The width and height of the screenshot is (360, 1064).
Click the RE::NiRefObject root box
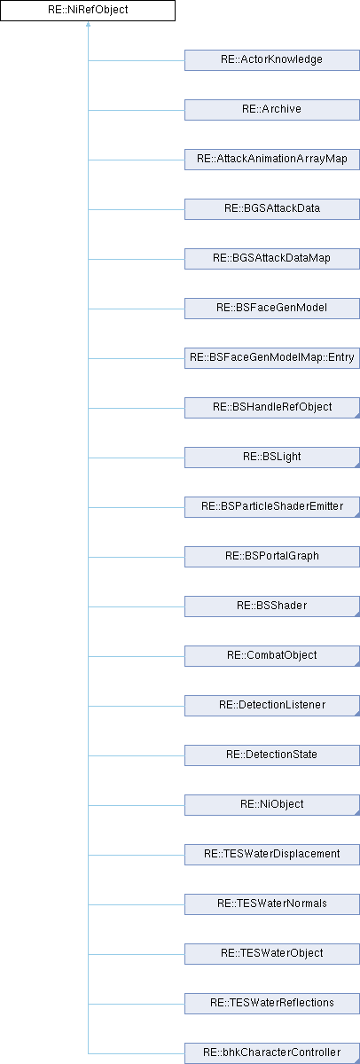coord(88,11)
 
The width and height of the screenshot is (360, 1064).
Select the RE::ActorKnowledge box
coord(272,60)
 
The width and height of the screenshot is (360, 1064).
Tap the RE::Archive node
coord(272,110)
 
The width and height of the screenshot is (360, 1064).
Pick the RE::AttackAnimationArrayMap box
coord(272,160)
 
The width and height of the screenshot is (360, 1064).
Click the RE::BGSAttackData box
coord(272,209)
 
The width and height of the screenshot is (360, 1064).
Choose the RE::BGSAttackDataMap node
coord(272,259)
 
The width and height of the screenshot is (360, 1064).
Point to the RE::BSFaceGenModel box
coord(272,309)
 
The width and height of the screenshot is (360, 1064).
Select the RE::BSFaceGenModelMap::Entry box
coord(272,358)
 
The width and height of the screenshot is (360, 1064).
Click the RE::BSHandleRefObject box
coord(272,408)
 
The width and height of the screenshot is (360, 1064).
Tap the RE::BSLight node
coord(272,458)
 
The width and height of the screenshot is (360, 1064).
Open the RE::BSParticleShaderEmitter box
coord(272,507)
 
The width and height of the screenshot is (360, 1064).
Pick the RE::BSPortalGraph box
coord(272,557)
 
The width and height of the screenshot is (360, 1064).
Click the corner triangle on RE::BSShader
coord(357,614)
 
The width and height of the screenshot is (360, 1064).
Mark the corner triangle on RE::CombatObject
coord(357,663)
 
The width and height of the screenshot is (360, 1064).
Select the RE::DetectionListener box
coord(272,706)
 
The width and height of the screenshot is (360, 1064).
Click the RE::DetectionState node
coord(272,755)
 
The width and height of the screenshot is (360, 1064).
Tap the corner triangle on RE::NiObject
coord(357,813)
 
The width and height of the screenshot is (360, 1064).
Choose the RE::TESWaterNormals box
coord(272,904)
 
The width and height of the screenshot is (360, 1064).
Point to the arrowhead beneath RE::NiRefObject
coord(88,24)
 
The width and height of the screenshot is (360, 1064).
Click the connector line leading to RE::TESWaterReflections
coord(137,1004)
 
